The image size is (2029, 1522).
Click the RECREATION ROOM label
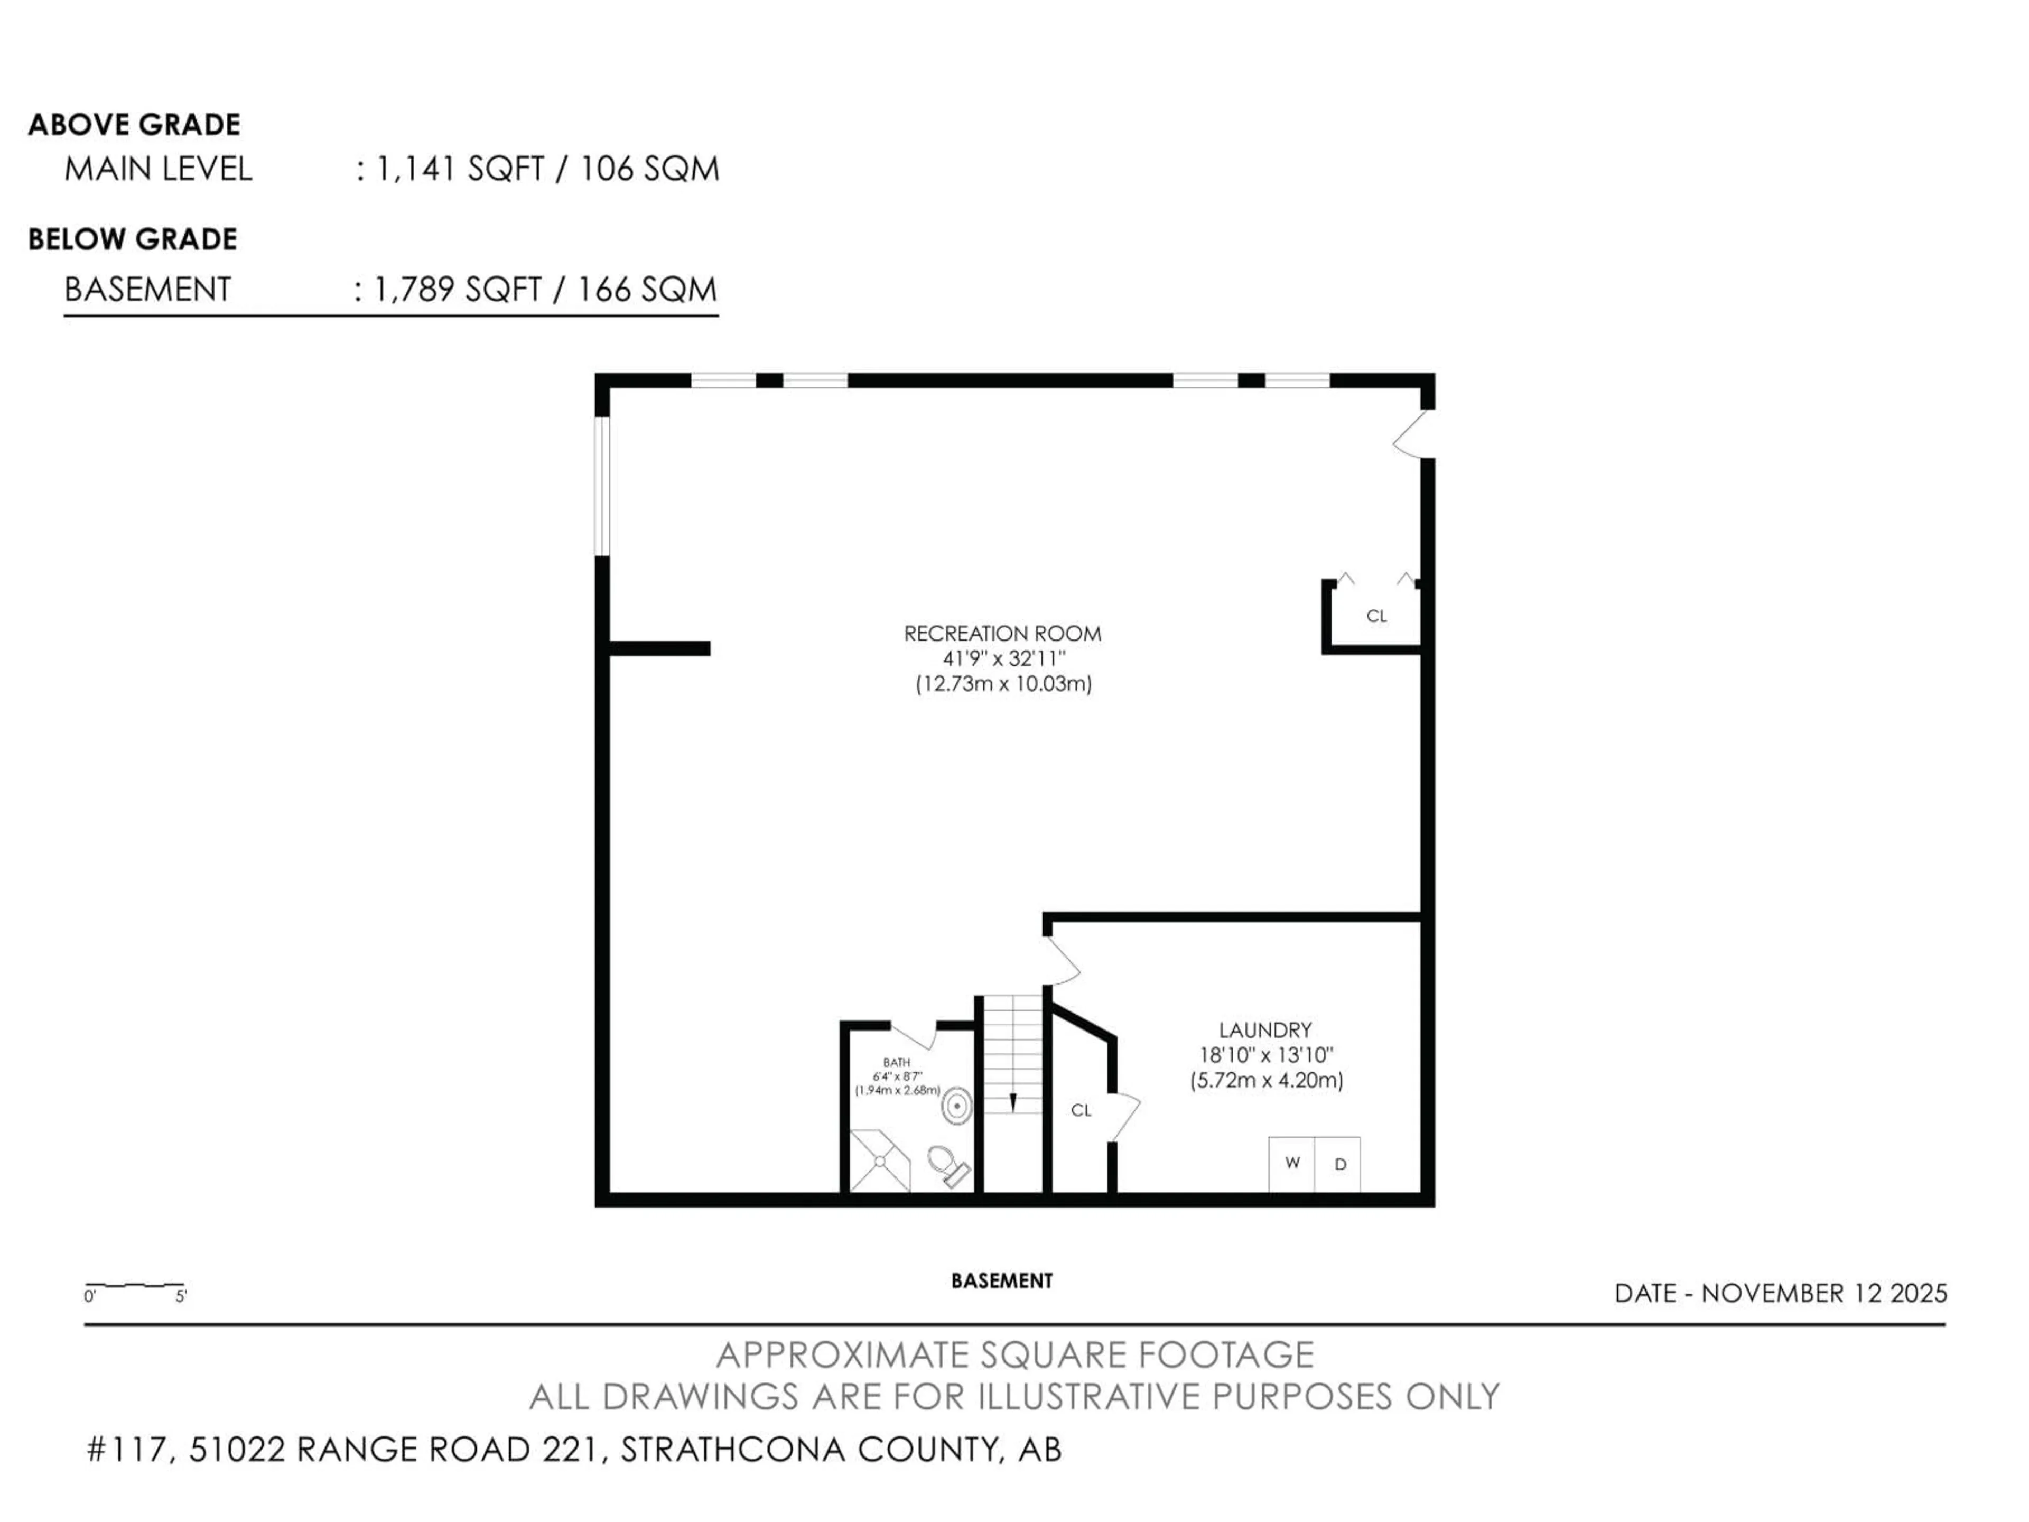1002,633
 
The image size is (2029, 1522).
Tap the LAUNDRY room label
1265,1029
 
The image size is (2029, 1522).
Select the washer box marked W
1291,1163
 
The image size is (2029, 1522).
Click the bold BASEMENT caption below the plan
1002,1280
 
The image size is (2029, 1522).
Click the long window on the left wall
602,486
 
